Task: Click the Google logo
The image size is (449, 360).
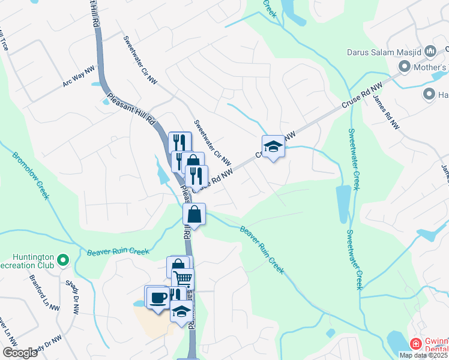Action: (x=20, y=352)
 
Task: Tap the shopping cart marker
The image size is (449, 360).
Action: (x=183, y=278)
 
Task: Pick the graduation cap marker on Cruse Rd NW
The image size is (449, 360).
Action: (x=273, y=146)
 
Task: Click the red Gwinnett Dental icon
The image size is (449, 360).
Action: (x=415, y=344)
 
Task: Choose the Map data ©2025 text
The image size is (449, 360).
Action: (x=423, y=355)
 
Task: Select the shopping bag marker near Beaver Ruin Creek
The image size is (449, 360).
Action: (x=194, y=214)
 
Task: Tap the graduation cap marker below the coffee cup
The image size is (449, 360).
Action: (x=181, y=311)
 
